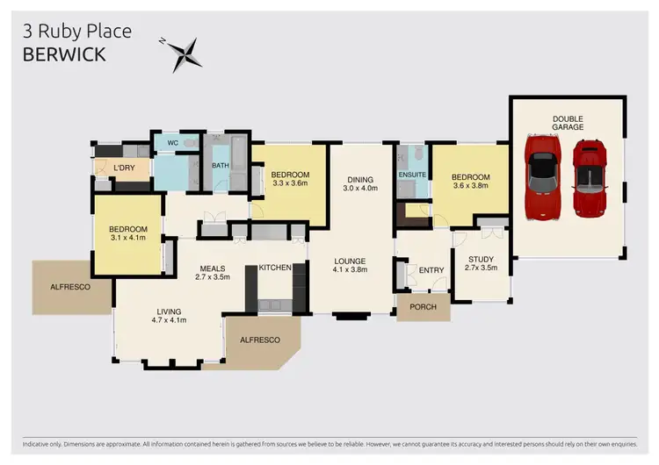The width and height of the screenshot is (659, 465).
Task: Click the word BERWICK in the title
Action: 64,54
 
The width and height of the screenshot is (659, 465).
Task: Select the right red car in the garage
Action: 589,178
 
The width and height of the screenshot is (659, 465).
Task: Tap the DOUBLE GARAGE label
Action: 568,123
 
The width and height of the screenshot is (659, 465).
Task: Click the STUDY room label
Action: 482,259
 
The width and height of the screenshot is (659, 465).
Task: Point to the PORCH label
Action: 424,306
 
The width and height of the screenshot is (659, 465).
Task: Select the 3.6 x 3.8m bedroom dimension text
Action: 470,186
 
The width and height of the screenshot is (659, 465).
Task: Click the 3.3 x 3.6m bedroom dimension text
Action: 289,182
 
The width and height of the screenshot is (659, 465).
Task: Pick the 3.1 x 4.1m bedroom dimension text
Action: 129,238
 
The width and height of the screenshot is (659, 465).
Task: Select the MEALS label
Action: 211,268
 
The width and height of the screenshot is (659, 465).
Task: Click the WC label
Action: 172,142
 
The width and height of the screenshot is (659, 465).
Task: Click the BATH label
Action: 221,165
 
